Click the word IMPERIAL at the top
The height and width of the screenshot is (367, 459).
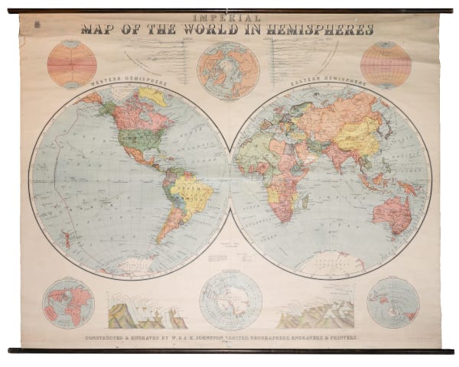tap(229, 16)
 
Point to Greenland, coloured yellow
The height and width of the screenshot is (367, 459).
tap(153, 96)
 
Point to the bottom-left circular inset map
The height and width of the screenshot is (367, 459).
tap(68, 303)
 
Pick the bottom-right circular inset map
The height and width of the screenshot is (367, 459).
tap(392, 303)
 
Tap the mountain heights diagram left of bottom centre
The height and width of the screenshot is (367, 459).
tap(146, 310)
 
